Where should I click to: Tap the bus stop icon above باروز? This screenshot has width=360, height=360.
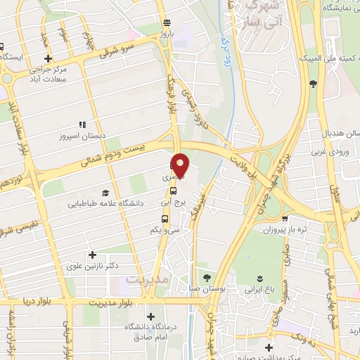tap(166, 22)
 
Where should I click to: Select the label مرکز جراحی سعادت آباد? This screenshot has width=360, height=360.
tap(48, 74)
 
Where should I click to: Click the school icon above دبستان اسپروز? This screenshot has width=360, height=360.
tap(82, 124)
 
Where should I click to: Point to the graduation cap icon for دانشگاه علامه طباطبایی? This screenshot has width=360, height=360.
tap(105, 193)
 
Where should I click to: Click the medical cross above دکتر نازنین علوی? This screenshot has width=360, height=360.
tap(91, 254)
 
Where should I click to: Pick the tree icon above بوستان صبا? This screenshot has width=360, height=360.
tap(206, 277)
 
